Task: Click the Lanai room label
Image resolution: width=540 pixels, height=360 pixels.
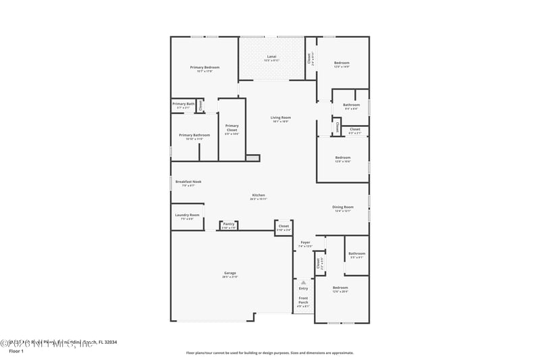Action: [x=271, y=56]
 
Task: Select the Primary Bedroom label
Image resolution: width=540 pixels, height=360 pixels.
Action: [x=205, y=68]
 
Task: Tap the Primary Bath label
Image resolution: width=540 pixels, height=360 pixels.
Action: [x=183, y=104]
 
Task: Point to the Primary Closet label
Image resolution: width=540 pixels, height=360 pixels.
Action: [x=232, y=126]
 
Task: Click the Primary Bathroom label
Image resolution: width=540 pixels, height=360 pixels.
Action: [x=194, y=135]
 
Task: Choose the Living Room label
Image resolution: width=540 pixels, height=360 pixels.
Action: [x=281, y=118]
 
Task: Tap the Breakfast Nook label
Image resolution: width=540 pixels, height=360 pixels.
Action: [x=188, y=182]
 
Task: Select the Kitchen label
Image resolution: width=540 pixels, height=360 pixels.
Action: [x=258, y=195]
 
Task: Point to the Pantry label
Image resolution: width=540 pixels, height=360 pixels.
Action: [x=229, y=224]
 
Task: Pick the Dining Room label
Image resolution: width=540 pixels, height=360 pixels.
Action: [x=342, y=207]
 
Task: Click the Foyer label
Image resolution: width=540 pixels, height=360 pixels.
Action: [x=305, y=242]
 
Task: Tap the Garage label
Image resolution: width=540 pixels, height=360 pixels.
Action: [x=230, y=273]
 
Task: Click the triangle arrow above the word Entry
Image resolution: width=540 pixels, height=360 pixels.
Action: [x=304, y=282]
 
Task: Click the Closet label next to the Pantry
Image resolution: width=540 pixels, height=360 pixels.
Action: [x=283, y=226]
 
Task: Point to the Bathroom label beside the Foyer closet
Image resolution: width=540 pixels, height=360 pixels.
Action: [x=356, y=254]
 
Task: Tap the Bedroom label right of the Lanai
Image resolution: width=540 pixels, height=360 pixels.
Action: [x=342, y=63]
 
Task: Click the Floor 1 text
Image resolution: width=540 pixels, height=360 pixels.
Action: [x=16, y=352]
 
